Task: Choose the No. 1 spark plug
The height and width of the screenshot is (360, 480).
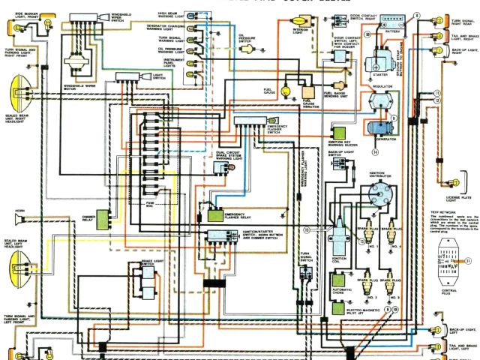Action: click(x=370, y=227)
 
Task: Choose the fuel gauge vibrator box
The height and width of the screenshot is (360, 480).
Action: click(x=307, y=102)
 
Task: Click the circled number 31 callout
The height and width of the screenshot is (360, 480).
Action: click(x=467, y=260)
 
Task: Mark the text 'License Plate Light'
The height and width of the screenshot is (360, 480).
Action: click(x=457, y=199)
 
